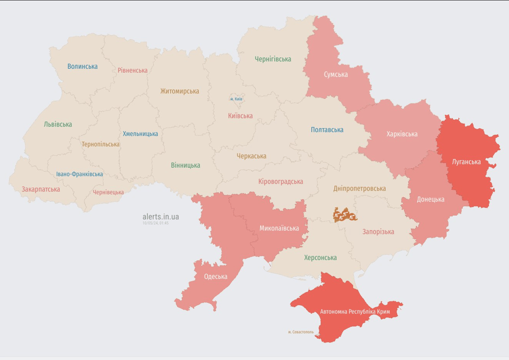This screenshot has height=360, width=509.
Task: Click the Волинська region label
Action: pos(82,67)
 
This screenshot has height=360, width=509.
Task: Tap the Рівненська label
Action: pos(133,70)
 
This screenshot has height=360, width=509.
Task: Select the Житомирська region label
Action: pos(180,91)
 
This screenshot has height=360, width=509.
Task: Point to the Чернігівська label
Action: pos(273,59)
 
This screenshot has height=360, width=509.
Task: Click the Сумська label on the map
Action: pos(336,75)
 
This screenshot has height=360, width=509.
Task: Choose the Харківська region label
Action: pos(402,134)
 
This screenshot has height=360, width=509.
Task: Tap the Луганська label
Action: pos(466,162)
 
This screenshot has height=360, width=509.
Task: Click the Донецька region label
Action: pos(430,199)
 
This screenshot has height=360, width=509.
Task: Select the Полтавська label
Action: pos(327,130)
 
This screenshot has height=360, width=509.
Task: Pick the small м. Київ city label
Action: pos(236,99)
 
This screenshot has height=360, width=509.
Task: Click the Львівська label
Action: pos(58,124)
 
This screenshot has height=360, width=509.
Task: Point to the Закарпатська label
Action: pos(41,189)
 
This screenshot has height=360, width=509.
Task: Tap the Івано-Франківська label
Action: pos(79,174)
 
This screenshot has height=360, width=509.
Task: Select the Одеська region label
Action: pos(216,277)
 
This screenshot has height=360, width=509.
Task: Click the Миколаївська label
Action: pos(279,228)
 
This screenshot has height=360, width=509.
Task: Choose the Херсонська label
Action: pos(320,257)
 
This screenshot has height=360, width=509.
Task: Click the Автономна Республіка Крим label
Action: pos(355,312)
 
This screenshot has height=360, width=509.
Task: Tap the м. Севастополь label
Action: pos(301,332)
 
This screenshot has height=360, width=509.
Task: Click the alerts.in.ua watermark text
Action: pos(160,217)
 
